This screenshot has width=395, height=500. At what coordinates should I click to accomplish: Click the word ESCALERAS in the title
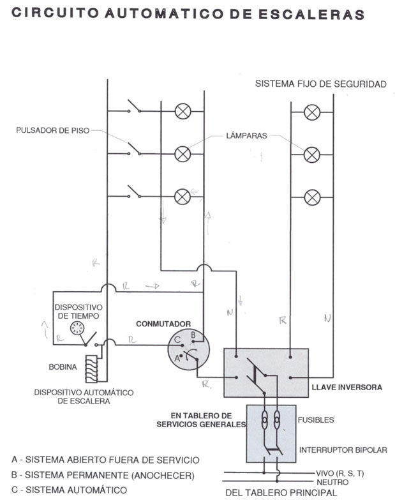click(x=311, y=14)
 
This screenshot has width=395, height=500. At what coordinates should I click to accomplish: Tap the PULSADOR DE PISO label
click(x=53, y=130)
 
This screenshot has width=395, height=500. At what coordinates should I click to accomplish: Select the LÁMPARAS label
click(x=246, y=135)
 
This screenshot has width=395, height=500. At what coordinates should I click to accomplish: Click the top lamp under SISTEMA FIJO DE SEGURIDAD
click(x=312, y=112)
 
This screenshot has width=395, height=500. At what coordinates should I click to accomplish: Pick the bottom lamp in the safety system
click(x=312, y=197)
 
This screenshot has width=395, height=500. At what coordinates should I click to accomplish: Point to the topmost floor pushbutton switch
click(x=135, y=107)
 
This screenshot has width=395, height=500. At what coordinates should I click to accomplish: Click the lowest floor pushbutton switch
click(x=135, y=192)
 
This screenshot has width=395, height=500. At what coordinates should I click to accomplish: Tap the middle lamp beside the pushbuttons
click(x=183, y=154)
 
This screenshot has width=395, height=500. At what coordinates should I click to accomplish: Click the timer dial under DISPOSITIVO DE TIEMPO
click(x=77, y=328)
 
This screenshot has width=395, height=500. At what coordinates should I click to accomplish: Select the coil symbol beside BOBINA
click(x=91, y=368)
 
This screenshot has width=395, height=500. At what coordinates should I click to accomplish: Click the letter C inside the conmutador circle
click(x=177, y=340)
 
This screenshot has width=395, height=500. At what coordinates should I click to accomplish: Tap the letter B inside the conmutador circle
click(x=193, y=335)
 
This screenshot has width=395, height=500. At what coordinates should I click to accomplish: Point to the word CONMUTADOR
click(x=163, y=324)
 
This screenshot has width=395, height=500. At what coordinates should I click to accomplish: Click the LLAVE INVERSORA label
click(x=347, y=388)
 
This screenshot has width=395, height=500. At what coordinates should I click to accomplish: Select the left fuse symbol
click(x=264, y=420)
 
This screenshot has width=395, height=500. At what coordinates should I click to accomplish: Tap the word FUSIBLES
click(x=316, y=420)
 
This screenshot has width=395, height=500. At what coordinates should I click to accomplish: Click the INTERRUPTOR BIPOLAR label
click(x=343, y=450)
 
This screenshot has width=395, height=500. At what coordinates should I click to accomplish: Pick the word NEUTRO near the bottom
click(x=332, y=482)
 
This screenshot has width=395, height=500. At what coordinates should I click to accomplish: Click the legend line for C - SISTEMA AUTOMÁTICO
click(x=69, y=490)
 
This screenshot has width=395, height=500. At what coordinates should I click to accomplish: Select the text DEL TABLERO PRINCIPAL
click(x=281, y=493)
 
